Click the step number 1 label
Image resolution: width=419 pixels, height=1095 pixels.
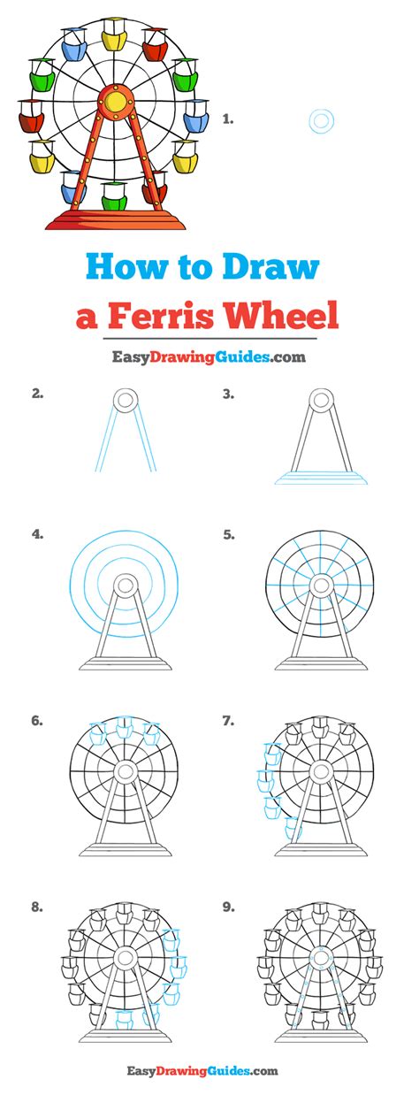coord(228,117)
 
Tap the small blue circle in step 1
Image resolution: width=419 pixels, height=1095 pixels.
coord(321,121)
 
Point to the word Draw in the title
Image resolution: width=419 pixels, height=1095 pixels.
coord(273,267)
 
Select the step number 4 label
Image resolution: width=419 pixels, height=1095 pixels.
coord(37,533)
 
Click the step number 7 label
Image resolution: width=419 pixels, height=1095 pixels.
coord(228,722)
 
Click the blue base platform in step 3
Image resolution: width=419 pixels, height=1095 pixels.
coord(320,478)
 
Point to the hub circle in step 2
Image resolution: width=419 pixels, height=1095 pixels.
coord(126,401)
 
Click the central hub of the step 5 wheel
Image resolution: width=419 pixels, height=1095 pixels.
coord(320,585)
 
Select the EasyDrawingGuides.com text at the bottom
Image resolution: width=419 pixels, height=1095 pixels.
coord(209,1071)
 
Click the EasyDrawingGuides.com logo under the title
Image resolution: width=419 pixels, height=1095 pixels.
coord(209,357)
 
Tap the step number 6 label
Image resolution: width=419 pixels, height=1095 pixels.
coord(37,722)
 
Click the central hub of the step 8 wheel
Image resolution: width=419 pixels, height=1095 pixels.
coord(126,956)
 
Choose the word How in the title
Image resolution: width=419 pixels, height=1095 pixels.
coord(128,267)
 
